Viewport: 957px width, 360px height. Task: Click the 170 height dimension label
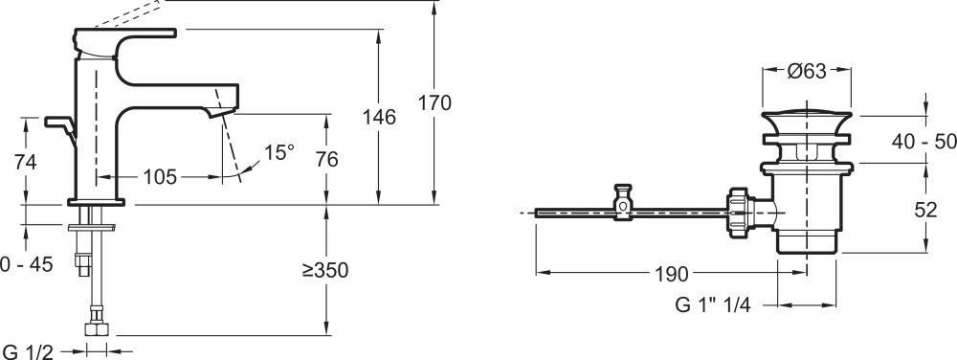(x=434, y=102)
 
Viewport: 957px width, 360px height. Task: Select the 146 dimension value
(x=379, y=117)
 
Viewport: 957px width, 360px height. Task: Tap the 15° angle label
(x=279, y=152)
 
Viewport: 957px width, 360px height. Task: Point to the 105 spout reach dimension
(x=160, y=177)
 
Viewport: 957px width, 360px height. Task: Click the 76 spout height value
(x=326, y=159)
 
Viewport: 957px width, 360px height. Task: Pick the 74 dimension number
(x=25, y=162)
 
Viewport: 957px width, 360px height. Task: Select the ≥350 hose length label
(x=324, y=270)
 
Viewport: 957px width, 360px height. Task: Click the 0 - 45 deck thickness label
(x=27, y=264)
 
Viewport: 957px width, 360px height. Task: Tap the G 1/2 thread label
(x=29, y=351)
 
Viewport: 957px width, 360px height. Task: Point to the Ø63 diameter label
(x=806, y=71)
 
